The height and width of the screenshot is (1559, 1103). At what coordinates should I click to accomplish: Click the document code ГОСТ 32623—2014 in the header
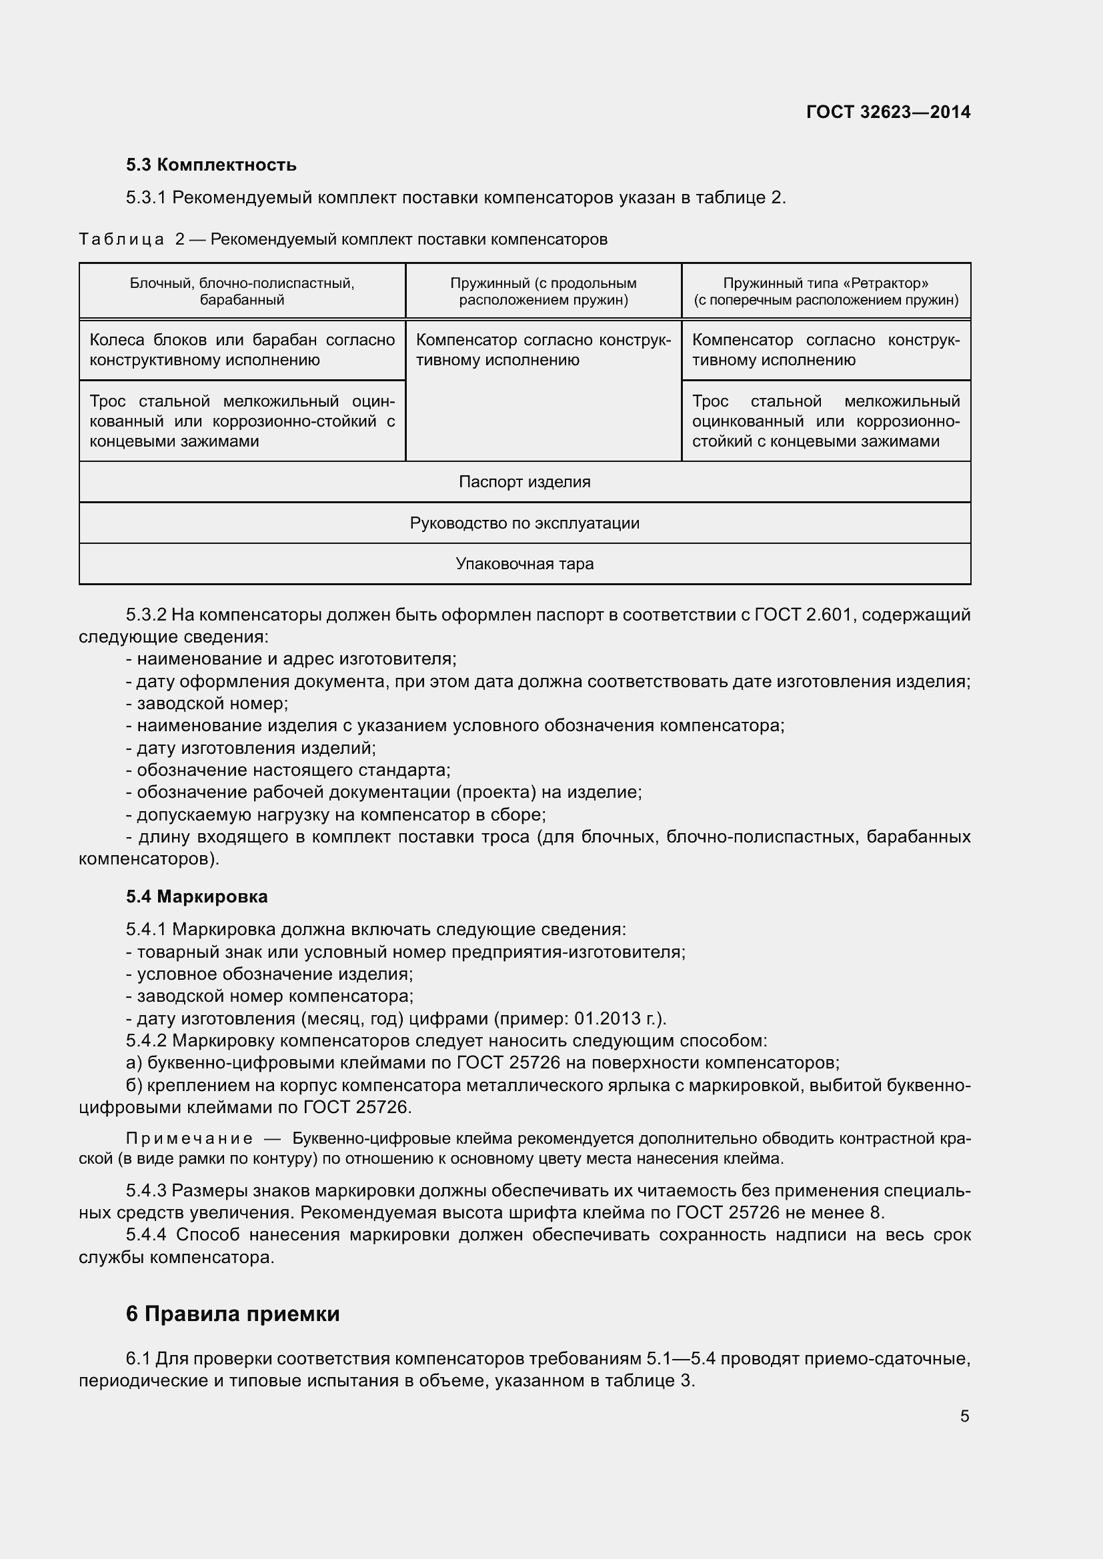(888, 112)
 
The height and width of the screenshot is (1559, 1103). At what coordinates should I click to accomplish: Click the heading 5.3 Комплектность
(211, 165)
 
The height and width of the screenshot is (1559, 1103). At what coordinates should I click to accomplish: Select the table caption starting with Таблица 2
(343, 239)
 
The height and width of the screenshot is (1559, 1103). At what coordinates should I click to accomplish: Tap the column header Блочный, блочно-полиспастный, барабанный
(242, 291)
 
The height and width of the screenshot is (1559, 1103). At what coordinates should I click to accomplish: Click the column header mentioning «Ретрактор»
(825, 291)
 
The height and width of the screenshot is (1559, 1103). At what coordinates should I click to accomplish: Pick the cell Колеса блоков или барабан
(242, 350)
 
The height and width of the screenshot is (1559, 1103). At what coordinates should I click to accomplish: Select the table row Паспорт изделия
(524, 482)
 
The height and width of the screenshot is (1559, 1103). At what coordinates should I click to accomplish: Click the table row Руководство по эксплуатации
(524, 523)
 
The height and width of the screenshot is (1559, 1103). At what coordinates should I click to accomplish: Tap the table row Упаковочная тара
(524, 564)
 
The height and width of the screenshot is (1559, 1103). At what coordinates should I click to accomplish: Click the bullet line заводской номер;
(207, 703)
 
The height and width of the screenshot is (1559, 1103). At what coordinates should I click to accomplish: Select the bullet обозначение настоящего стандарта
(289, 770)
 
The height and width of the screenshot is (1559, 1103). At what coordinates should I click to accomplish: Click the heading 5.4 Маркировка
(197, 896)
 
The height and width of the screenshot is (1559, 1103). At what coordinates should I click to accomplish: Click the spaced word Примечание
(189, 1138)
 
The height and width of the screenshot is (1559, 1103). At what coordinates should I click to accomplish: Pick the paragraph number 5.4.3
(146, 1191)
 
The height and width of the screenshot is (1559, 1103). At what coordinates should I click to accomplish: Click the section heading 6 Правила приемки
(232, 1314)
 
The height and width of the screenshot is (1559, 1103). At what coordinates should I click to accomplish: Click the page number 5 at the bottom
(964, 1416)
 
